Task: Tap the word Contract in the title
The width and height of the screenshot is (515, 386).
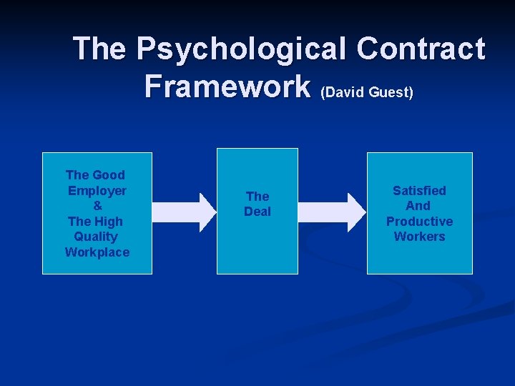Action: click(421, 49)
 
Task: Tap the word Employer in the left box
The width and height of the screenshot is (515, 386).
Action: click(97, 191)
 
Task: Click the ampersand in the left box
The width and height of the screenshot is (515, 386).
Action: click(97, 206)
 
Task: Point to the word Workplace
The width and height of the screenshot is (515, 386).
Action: click(97, 252)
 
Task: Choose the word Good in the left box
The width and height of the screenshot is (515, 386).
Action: click(109, 175)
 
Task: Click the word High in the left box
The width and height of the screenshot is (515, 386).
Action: click(109, 222)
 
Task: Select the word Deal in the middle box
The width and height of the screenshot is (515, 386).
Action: click(257, 212)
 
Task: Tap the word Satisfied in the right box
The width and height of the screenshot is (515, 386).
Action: click(419, 191)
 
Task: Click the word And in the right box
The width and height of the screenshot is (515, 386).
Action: click(419, 206)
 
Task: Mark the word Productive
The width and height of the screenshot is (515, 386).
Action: click(419, 222)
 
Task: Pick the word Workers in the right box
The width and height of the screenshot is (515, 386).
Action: click(419, 237)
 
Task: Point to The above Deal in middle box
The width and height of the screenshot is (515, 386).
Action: click(257, 197)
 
